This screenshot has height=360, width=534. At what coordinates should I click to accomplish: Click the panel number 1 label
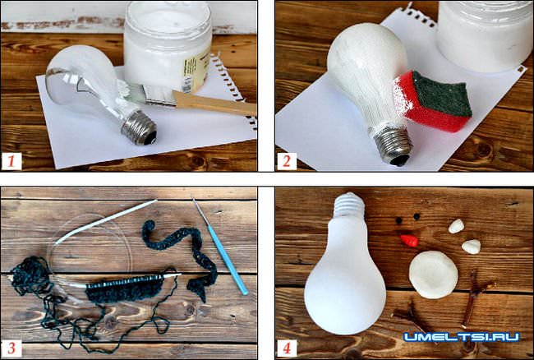click(x=12, y=161)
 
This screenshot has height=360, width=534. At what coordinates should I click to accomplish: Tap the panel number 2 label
click(x=287, y=161)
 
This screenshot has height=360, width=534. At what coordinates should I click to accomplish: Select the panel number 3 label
click(x=12, y=348)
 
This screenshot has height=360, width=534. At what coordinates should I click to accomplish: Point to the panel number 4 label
click(x=287, y=348)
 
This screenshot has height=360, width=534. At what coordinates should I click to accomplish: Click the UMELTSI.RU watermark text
click(x=462, y=337)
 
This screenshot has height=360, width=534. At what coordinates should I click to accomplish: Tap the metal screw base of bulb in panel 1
click(x=139, y=127)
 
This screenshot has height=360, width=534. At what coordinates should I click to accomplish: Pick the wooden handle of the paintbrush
click(x=214, y=103)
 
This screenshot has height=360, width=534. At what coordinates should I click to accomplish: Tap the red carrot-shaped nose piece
click(x=409, y=241)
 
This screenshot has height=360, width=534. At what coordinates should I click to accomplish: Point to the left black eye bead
click(x=398, y=221)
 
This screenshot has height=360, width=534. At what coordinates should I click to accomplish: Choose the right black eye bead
click(x=417, y=216)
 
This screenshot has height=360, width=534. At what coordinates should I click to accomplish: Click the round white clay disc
click(x=433, y=275)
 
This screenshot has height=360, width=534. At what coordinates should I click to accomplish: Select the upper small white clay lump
click(x=456, y=227)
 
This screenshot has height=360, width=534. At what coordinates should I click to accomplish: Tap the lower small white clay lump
click(x=472, y=247)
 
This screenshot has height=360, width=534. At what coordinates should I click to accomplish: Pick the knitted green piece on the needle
click(x=124, y=288)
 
